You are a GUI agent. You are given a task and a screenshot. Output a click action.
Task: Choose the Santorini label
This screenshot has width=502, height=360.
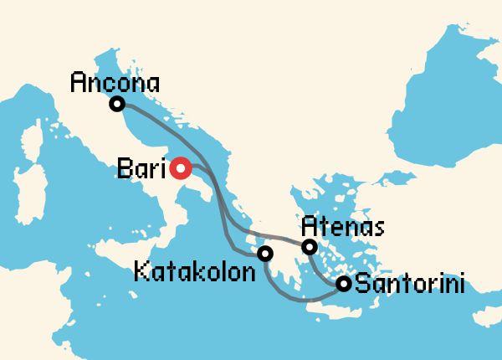pos(410,284)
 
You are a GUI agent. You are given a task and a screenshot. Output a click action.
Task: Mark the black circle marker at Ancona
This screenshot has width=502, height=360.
pos(118,104)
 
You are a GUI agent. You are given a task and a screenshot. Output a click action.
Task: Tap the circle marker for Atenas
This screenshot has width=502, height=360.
pos(310,247)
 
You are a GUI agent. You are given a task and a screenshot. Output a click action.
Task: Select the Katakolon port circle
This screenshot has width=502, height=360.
pos(265,253)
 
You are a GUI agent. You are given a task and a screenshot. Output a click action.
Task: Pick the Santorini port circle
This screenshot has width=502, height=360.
pos(343,284)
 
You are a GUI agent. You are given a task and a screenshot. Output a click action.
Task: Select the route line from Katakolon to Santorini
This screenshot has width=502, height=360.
pos(293,295)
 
